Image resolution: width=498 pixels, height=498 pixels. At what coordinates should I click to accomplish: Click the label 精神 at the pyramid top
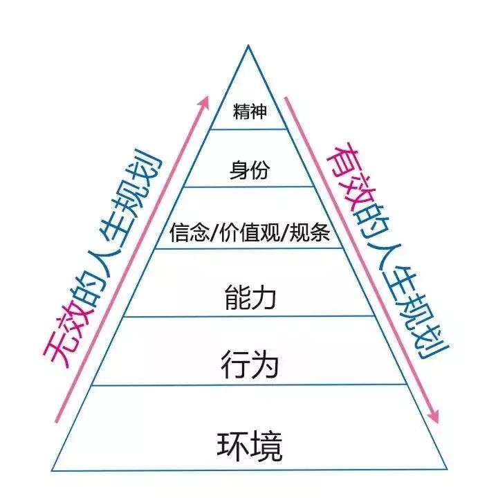coord(249,112)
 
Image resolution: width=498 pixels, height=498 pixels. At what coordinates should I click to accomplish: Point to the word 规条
coord(312,233)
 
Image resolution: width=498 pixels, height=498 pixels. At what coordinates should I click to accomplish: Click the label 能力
coord(250,297)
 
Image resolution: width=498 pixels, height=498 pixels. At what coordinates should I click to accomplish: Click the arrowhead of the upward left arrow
coord(204,100)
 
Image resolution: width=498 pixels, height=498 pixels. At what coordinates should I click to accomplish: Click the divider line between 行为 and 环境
coord(249,386)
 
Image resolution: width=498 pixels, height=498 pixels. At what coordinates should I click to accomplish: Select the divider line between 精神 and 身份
coord(249,129)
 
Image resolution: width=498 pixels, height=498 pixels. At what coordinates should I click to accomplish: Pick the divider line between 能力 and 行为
coord(249,317)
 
